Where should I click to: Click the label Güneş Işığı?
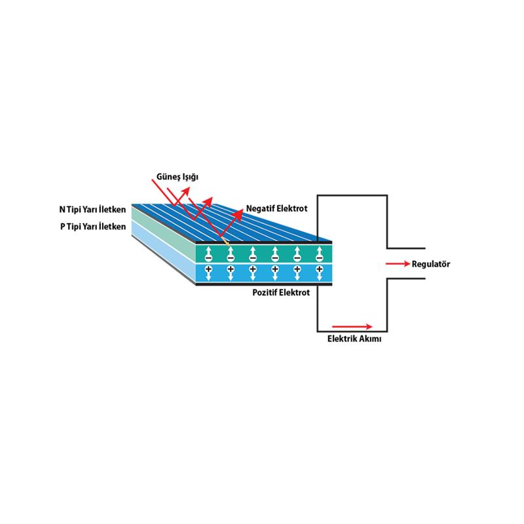tap(177, 177)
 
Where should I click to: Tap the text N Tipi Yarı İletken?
tap(92, 210)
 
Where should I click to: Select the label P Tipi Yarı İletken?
tap(93, 227)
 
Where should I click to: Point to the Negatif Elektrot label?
tap(276, 208)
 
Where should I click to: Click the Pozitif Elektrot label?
tap(281, 293)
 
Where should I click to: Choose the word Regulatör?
tap(431, 264)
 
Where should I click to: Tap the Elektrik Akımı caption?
tap(354, 339)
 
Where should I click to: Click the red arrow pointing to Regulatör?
tap(398, 264)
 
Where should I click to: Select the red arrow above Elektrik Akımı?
tap(352, 326)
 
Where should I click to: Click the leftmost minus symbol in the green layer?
tap(208, 258)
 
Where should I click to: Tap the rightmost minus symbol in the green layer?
tap(319, 258)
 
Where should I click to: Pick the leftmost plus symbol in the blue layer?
tap(208, 269)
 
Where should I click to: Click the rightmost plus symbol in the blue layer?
tap(319, 269)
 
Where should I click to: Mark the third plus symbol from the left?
tap(253, 269)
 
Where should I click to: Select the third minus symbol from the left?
tap(253, 258)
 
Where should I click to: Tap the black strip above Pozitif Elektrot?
tap(264, 284)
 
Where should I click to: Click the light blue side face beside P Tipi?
tap(163, 251)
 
